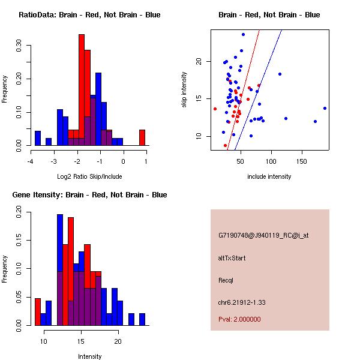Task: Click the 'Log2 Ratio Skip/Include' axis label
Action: coord(89,176)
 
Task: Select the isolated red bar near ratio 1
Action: coord(142,137)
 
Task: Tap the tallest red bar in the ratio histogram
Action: coord(81,90)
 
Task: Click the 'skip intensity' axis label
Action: coord(184,90)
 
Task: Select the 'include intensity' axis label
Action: coord(269,176)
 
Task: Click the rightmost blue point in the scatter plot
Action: coord(325,108)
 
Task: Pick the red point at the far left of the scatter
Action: coord(215,109)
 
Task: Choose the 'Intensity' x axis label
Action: coord(89,356)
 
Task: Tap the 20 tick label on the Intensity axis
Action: coord(118,341)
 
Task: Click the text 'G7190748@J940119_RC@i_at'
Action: coord(263,236)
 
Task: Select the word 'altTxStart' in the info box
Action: coord(232,258)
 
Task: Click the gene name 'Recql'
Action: coord(226,280)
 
